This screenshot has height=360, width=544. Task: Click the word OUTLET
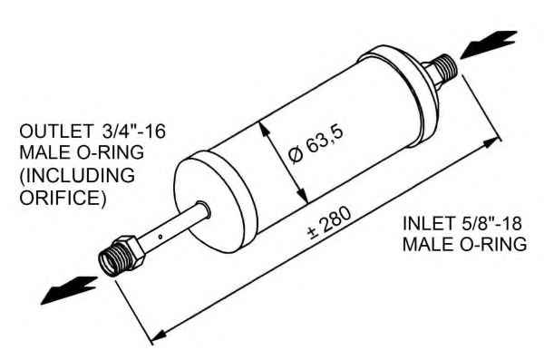coord(56,131)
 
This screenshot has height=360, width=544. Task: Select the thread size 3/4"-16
coord(134,131)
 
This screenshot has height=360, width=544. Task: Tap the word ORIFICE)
coord(63,198)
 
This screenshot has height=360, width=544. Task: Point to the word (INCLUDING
coord(77,176)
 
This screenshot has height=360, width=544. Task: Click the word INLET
coord(428,223)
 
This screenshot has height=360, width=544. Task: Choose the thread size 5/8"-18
coord(491,223)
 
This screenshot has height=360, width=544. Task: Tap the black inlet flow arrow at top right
coord(488,44)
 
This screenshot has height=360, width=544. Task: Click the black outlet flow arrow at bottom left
coord(68,290)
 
